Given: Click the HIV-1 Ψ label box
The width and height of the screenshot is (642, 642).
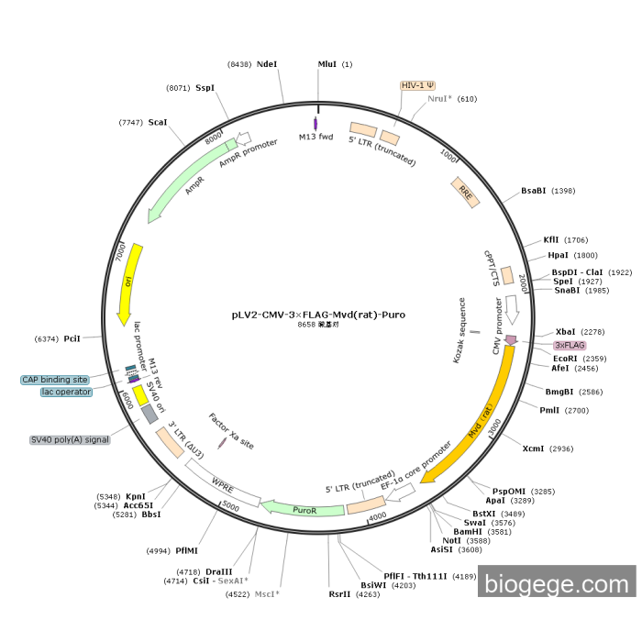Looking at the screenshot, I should point(417,84).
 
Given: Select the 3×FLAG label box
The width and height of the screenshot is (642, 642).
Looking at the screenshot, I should point(570,345).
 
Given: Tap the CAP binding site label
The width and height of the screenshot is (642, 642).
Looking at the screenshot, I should point(56,380).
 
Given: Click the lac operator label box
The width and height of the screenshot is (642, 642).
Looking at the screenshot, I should point(66,393).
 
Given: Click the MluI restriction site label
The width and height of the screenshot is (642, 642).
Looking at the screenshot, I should point(327,64).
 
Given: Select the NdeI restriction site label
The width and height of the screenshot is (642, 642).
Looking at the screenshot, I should point(267,64).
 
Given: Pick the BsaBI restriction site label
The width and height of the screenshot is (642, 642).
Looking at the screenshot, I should point(534,191).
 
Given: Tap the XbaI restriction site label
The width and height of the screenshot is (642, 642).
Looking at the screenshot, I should point(566,332).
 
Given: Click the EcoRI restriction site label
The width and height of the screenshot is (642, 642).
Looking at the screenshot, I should point(566,358).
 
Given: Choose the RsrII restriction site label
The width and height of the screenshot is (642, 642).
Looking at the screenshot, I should point(339,593).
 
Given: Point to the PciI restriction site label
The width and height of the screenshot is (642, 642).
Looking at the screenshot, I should point(72,338).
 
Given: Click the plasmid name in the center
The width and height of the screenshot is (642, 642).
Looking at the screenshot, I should point(318,314).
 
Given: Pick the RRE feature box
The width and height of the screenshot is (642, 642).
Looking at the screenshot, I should point(466,193).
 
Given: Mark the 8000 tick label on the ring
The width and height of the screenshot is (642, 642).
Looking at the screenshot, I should point(215,138).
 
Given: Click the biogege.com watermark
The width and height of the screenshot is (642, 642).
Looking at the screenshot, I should point(557,581).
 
